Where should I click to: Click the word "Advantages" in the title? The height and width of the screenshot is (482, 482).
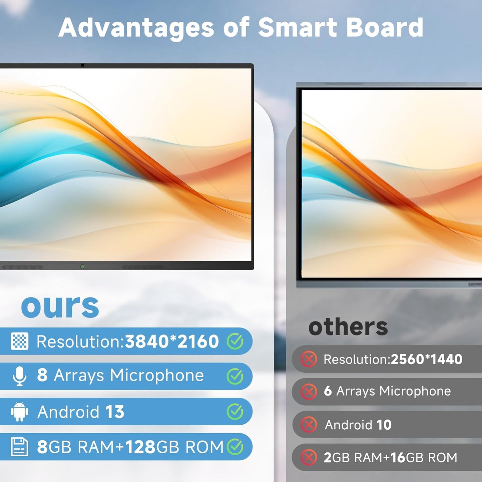[x=136, y=28]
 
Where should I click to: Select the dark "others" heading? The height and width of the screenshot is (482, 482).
[x=348, y=327]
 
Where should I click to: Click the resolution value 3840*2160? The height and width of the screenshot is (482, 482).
[x=172, y=341]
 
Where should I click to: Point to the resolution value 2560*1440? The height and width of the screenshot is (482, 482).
[x=426, y=359]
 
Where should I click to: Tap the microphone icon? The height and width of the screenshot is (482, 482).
[x=19, y=376]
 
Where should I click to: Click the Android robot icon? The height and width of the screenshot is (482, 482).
[x=19, y=412]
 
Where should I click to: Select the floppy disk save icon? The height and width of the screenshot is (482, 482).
[x=19, y=447]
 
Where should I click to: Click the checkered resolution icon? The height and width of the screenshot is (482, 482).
[x=19, y=341]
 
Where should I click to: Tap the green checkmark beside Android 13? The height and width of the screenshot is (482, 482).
[x=235, y=412]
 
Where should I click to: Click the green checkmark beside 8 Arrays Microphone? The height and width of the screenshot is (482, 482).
[x=235, y=376]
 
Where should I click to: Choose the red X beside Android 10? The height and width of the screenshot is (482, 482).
[x=309, y=425]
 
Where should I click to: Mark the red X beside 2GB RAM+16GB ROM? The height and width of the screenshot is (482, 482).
[x=309, y=457]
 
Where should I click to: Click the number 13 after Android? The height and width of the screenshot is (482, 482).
[x=115, y=412]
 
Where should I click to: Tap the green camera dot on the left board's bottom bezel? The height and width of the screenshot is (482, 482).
[x=82, y=267]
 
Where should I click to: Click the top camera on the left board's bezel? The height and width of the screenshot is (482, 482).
[x=82, y=65]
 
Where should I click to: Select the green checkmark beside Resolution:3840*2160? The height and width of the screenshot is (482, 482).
[x=235, y=341]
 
